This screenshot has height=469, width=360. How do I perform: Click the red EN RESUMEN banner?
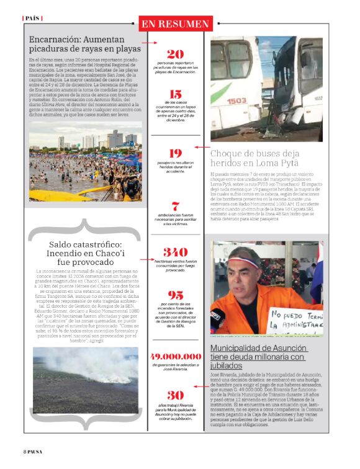pos(175,24)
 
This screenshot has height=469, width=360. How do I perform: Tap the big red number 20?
pos(175,54)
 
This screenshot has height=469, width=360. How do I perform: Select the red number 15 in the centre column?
pos(175,94)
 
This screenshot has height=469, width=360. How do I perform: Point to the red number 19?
pos(175,153)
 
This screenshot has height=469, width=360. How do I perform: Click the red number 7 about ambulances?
pos(175,206)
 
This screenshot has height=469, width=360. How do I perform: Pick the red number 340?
pos(175,252)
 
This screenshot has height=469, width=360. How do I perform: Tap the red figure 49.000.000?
pos(176,357)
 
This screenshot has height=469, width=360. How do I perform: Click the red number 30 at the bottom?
pos(175,395)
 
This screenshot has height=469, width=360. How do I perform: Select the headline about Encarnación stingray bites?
pos(85,44)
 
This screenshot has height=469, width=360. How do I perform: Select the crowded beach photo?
pos(84,161)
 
